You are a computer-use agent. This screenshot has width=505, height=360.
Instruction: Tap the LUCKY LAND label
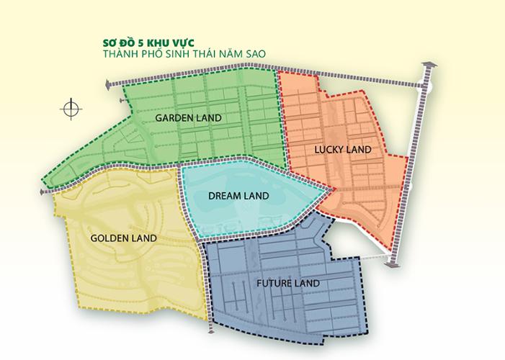tap(342, 150)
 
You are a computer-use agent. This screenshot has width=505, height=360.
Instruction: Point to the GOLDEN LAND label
tap(124, 238)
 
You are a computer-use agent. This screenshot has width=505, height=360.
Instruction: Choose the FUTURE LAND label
tap(287, 283)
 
